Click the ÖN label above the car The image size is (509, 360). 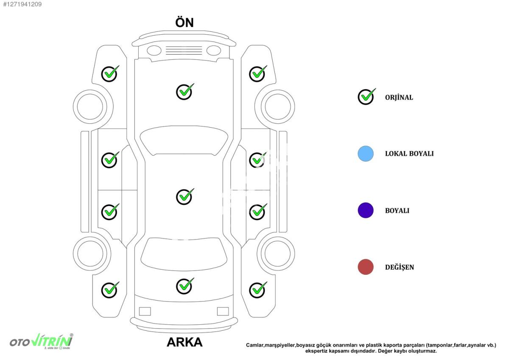pos(185,22)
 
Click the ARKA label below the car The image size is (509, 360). pos(184,342)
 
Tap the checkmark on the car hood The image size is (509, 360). pos(185,91)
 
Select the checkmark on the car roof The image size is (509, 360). pos(185,196)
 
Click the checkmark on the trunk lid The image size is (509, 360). pos(185,286)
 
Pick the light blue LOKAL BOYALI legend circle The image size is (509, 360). pos(365,153)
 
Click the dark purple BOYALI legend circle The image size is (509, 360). pos(365,210)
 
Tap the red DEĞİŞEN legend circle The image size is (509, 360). pos(365,267)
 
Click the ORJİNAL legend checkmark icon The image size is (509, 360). pos(366,97)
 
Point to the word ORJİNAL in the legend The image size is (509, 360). pos(399,98)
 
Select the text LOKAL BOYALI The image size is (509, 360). pos(409,154)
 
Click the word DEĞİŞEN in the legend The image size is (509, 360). pos(399,268)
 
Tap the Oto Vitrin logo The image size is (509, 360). pos(41,341)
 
